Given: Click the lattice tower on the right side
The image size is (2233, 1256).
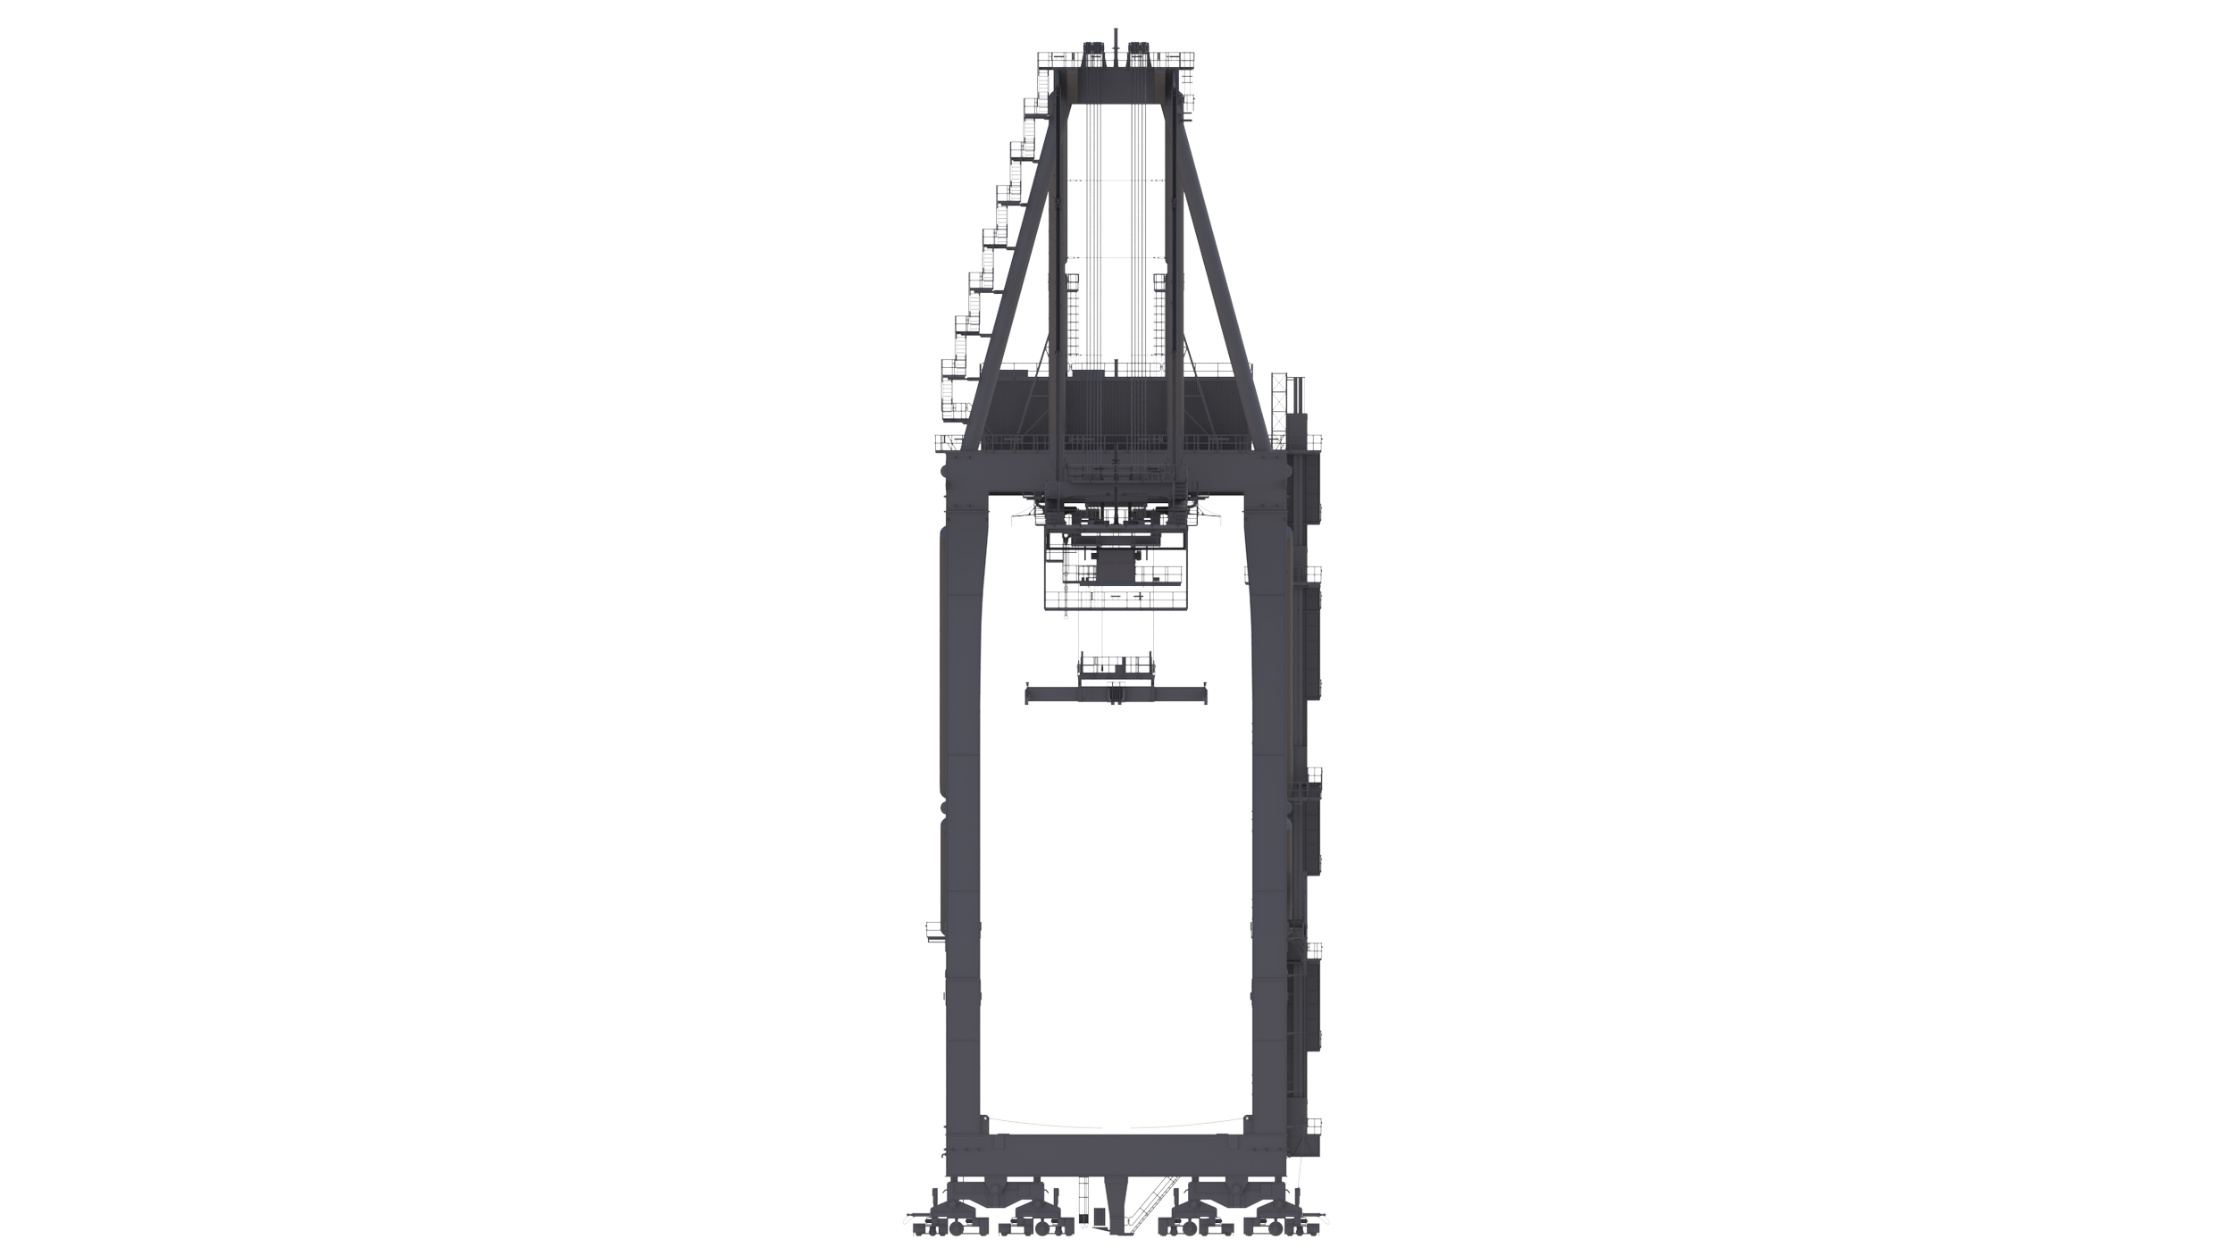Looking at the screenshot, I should pos(1283,411).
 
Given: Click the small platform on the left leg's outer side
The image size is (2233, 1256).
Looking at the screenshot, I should pos(933,932).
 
